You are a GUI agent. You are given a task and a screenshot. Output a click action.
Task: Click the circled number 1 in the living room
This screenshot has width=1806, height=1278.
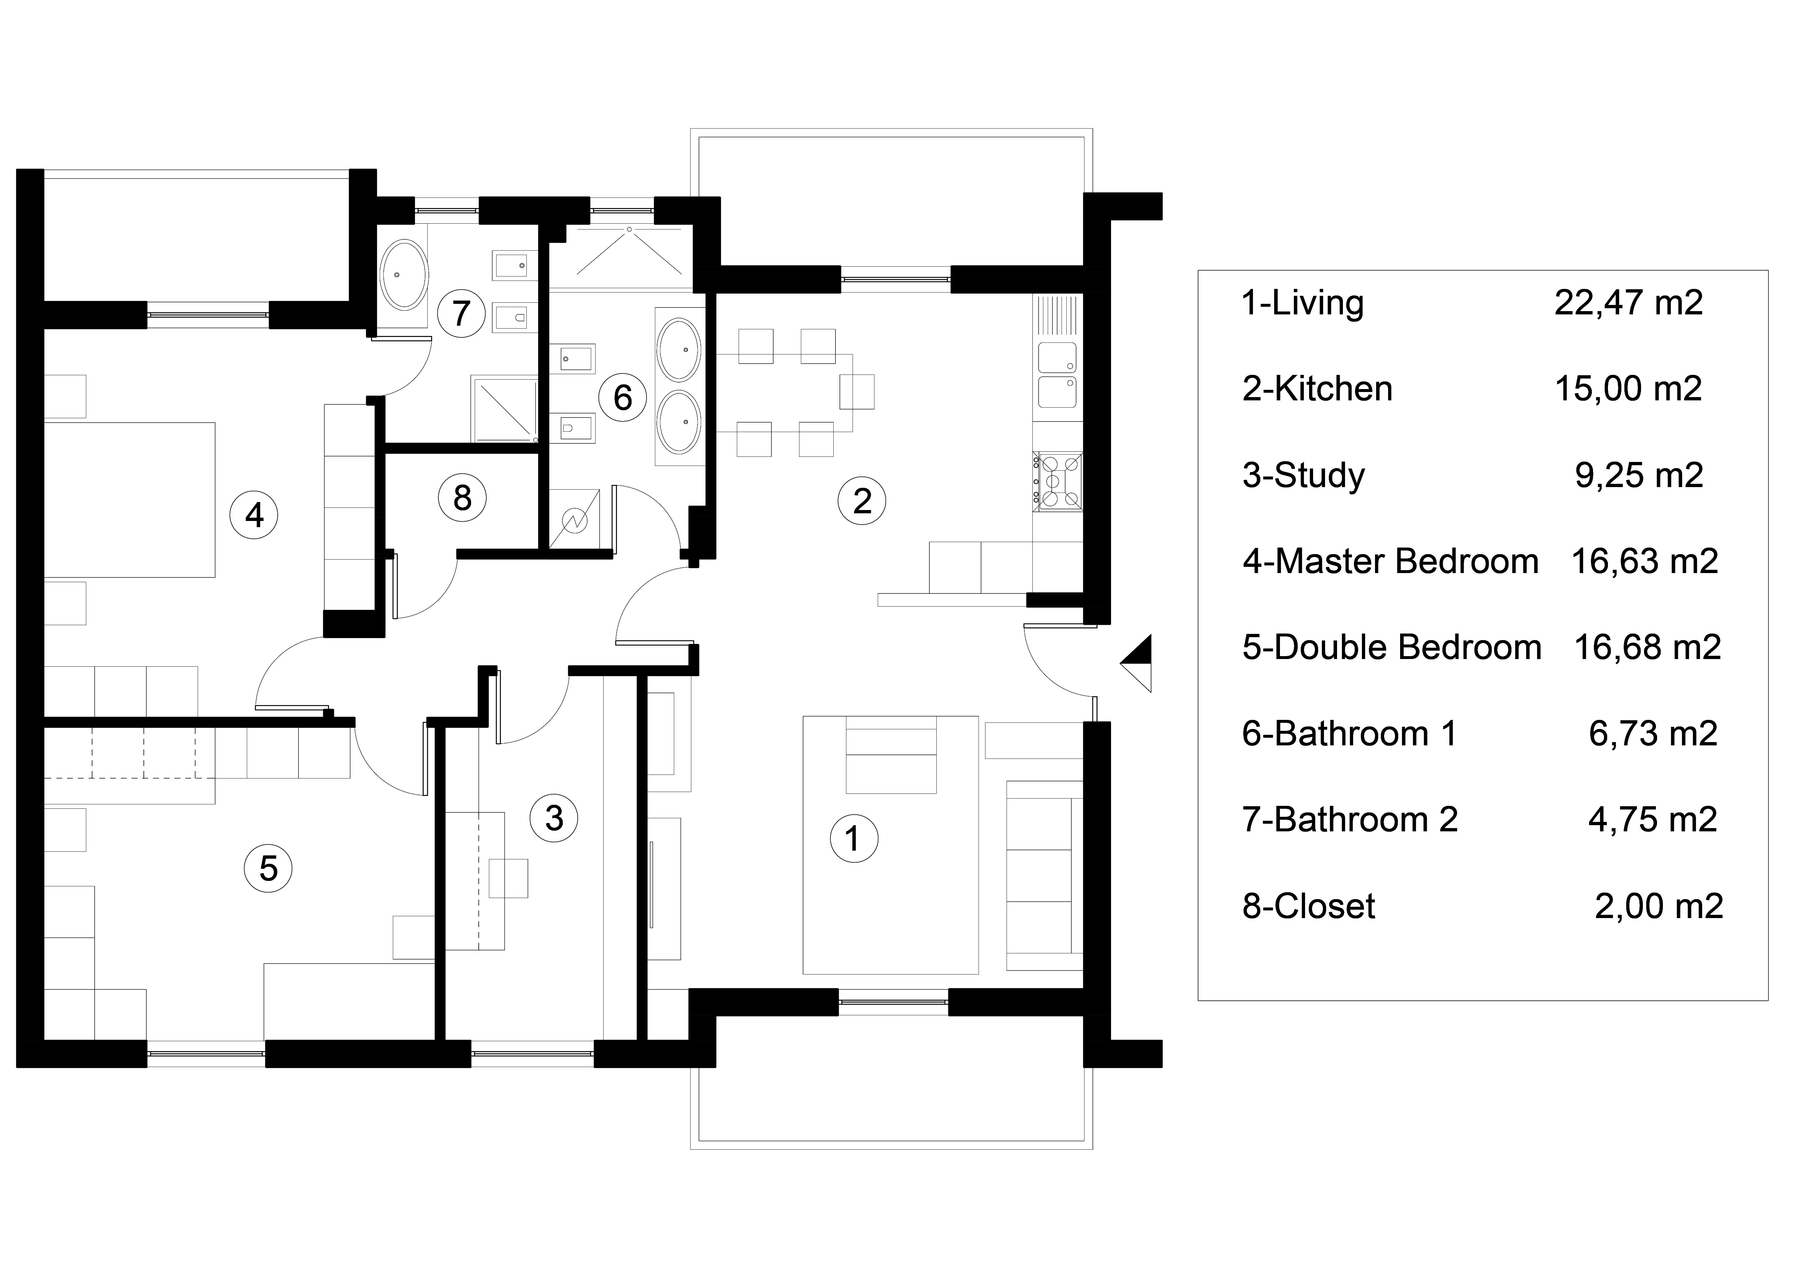coord(853,839)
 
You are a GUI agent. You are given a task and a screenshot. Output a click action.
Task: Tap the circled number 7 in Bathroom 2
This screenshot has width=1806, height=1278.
coord(461,313)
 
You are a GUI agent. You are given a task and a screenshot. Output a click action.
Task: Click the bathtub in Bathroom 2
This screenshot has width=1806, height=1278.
coord(404,275)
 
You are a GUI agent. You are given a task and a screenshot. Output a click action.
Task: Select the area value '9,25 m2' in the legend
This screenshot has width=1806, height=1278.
coord(1639,475)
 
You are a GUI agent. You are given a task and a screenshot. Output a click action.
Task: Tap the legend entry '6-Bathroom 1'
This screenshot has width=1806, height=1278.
coord(1350,733)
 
